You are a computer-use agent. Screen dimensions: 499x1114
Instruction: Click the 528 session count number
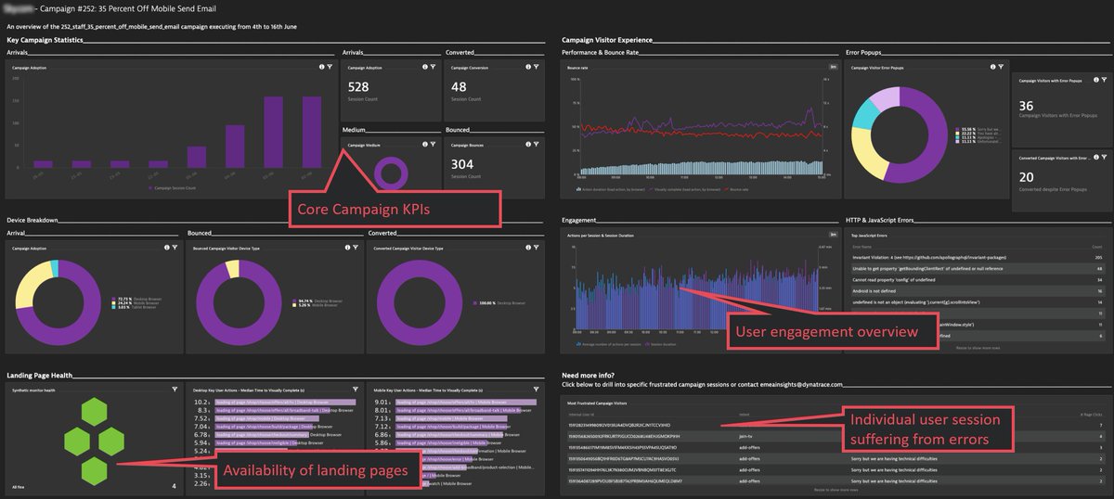pyautogui.click(x=359, y=86)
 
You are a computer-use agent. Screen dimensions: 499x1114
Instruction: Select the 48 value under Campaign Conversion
pyautogui.click(x=459, y=86)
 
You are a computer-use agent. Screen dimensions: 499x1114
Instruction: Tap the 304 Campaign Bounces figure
pyautogui.click(x=463, y=163)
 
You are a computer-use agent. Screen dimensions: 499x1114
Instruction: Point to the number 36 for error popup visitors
pyautogui.click(x=1026, y=107)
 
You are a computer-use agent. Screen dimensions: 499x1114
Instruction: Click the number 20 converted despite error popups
pyautogui.click(x=1026, y=175)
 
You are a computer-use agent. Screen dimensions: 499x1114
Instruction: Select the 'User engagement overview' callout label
pyautogui.click(x=825, y=331)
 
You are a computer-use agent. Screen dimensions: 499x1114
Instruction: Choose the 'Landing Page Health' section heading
pyautogui.click(x=40, y=375)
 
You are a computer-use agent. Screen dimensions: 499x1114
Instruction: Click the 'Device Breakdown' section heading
pyautogui.click(x=33, y=220)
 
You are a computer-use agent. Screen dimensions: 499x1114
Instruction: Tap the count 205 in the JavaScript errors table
pyautogui.click(x=1098, y=256)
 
